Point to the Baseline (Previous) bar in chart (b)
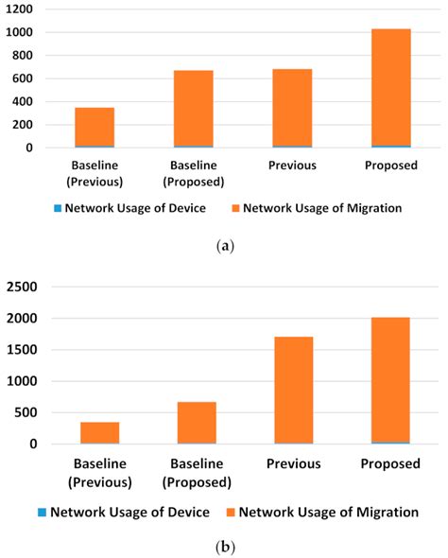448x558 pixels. coord(99,432)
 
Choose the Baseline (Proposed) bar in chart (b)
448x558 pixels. coord(197,422)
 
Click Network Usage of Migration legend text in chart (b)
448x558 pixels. coord(328,512)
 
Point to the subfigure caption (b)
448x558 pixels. coord(224,547)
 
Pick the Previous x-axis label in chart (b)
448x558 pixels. coord(294,463)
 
